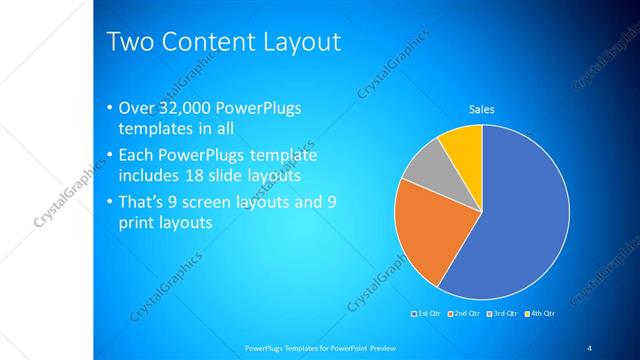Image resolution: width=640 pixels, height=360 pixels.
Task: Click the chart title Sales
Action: click(x=482, y=109)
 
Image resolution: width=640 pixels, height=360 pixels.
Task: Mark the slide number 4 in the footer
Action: click(x=589, y=347)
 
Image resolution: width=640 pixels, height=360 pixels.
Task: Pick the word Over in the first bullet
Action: click(x=135, y=108)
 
